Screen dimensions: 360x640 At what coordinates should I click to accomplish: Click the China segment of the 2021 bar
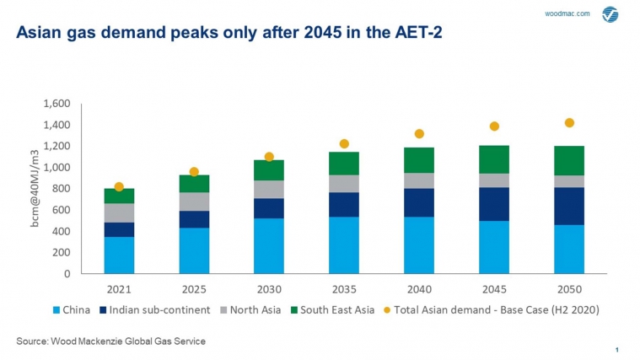pos(119,255)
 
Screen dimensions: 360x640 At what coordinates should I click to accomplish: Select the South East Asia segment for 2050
pos(569,160)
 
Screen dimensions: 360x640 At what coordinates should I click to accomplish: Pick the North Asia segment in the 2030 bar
pos(269,189)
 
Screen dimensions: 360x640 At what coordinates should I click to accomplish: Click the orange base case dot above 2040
pos(419,134)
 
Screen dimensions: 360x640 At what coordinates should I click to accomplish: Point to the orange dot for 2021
pos(119,186)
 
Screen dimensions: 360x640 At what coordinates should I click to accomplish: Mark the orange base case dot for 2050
pos(569,123)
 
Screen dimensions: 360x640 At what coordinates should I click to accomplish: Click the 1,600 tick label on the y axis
pos(56,104)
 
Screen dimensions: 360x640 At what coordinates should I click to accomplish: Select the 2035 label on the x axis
pos(344,288)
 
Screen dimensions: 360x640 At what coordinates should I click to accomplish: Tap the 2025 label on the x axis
pos(194,288)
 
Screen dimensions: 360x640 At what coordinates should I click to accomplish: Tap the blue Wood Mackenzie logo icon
pos(610,14)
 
